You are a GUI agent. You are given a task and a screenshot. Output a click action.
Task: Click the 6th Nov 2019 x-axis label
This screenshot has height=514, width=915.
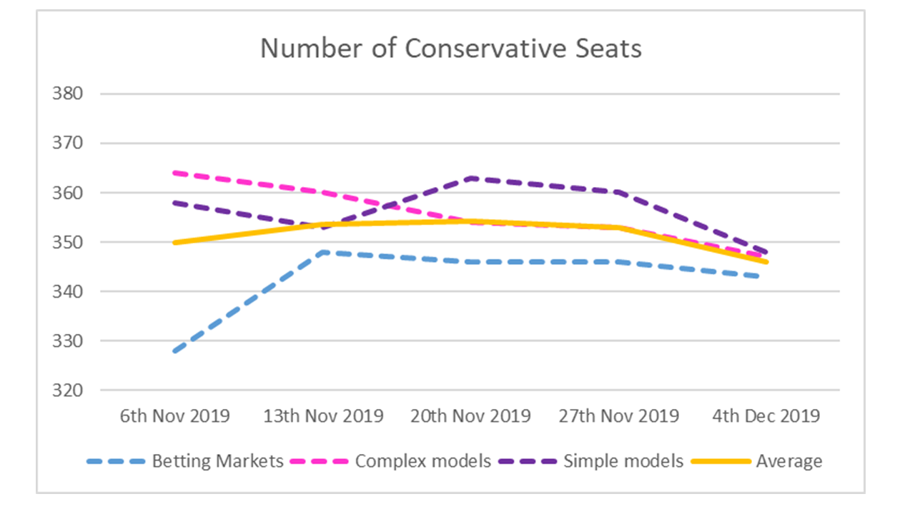[174, 416]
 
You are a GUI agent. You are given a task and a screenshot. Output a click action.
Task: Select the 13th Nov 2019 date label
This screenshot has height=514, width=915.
[322, 416]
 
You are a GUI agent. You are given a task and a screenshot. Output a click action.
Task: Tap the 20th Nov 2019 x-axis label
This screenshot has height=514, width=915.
[470, 416]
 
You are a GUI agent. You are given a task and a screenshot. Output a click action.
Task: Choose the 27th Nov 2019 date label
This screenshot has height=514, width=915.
[618, 416]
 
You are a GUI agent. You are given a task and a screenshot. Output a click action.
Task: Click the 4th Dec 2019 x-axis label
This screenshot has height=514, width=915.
[766, 416]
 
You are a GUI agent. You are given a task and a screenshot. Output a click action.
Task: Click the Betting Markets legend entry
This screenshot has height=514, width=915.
[217, 461]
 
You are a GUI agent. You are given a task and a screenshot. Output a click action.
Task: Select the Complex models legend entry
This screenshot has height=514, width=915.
[422, 461]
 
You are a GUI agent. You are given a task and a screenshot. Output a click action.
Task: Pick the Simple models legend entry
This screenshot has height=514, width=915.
[623, 461]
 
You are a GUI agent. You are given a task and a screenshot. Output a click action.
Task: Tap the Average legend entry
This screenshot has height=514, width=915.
[789, 461]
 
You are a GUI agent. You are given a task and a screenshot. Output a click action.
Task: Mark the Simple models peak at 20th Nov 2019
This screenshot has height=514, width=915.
[470, 178]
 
